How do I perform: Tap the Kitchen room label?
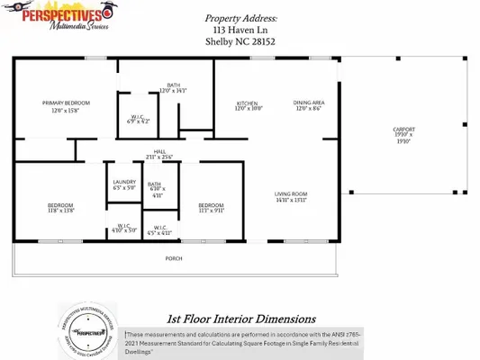[248, 103]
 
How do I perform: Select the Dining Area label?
[309, 103]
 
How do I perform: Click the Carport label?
[403, 130]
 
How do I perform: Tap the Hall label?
[158, 152]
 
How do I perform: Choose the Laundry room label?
[124, 182]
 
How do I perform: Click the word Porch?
[174, 259]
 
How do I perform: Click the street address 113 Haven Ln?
[240, 29]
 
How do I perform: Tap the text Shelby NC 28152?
[240, 40]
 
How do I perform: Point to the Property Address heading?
[240, 17]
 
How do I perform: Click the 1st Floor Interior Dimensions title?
[240, 319]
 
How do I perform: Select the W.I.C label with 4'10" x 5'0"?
[122, 228]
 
